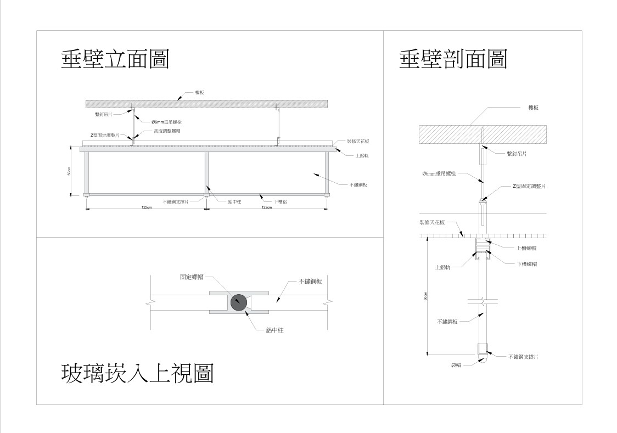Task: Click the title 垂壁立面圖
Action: pos(115,59)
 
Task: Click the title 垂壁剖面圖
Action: pos(453,59)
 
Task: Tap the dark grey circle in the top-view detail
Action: pos(239,302)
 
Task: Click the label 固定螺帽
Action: pos(189,277)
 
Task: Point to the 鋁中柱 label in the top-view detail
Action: pos(274,330)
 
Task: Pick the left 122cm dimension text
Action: pos(147,207)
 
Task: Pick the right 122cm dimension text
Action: pos(266,207)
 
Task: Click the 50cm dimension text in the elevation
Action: pos(69,171)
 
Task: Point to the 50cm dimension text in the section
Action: pos(425,296)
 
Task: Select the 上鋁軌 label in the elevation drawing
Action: pos(361,155)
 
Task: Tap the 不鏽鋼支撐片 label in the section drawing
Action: pos(523,357)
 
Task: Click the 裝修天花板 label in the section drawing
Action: pos(432,223)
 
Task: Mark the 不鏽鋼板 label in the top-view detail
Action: pos(310,281)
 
